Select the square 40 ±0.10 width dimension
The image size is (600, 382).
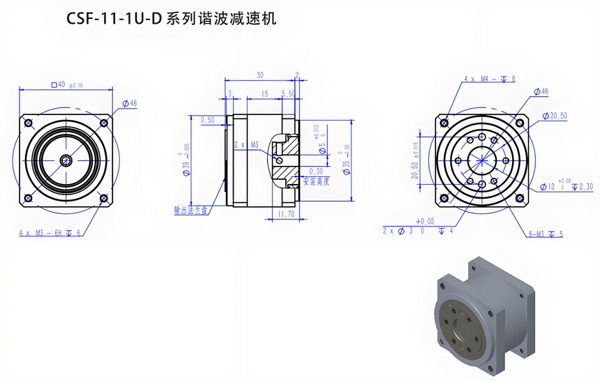point(67,84)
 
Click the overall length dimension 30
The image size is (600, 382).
point(260,75)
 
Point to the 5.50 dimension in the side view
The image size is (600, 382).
point(287,93)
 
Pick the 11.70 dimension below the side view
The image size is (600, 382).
point(286,213)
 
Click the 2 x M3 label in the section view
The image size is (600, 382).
point(246,144)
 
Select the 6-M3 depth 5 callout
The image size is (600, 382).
point(546,234)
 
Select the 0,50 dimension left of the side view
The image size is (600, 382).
point(207,120)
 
